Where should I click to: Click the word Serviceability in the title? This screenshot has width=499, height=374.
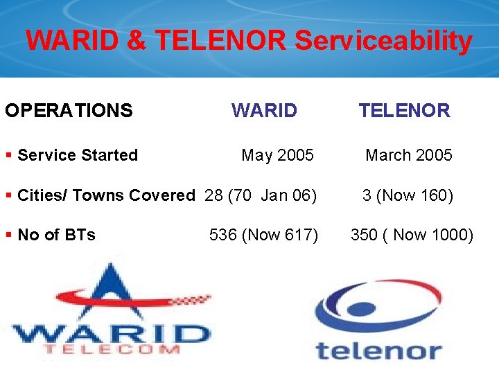pos(383,42)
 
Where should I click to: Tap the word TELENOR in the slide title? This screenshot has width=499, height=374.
pos(220,41)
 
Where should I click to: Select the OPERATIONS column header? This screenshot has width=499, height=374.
pos(69,111)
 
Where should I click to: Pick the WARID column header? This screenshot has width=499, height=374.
pos(264,111)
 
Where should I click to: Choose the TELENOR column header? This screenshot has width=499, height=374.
pos(404,111)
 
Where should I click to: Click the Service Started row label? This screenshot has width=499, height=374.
pos(77,155)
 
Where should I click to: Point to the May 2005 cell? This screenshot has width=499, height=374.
pos(277,155)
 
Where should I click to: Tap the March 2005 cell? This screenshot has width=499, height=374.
pos(408,155)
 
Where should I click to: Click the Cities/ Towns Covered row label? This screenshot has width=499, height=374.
pos(105,195)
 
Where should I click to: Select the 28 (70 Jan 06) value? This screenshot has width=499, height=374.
pos(261,195)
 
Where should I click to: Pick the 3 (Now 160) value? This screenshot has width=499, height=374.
pos(408,195)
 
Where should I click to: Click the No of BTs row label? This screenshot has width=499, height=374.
pos(56,235)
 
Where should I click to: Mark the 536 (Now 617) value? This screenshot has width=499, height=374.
pos(263,235)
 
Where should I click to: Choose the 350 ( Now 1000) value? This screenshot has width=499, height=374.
pos(412,235)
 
